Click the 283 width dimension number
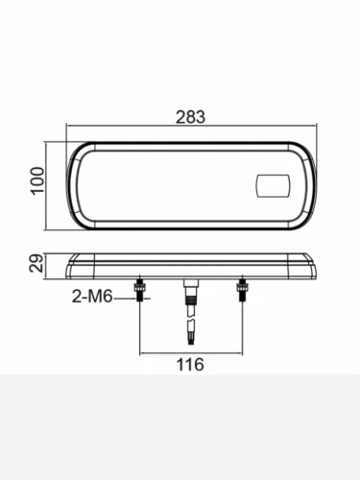point(190,117)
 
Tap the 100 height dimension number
point(37,180)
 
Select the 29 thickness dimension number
point(36,263)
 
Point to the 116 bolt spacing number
point(190,365)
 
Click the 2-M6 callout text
point(92,297)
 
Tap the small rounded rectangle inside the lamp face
point(274,185)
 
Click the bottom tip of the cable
point(191,345)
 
